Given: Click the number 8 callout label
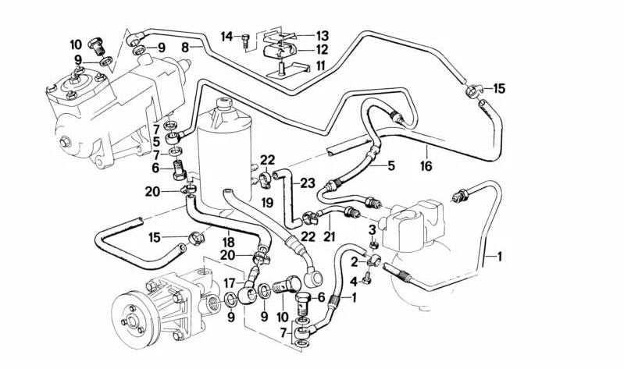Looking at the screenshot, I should point(185,48).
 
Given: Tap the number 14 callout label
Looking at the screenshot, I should point(226,36).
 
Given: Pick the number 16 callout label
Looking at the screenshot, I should point(426,166).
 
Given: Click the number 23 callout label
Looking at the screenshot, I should point(308,184).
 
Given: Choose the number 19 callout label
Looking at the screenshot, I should point(267,203).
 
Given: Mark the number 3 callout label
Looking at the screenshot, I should point(372,229).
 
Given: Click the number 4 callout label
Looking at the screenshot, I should point(354,281).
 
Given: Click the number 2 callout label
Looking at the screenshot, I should point(354,262).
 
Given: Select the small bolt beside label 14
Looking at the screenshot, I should point(245,37).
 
